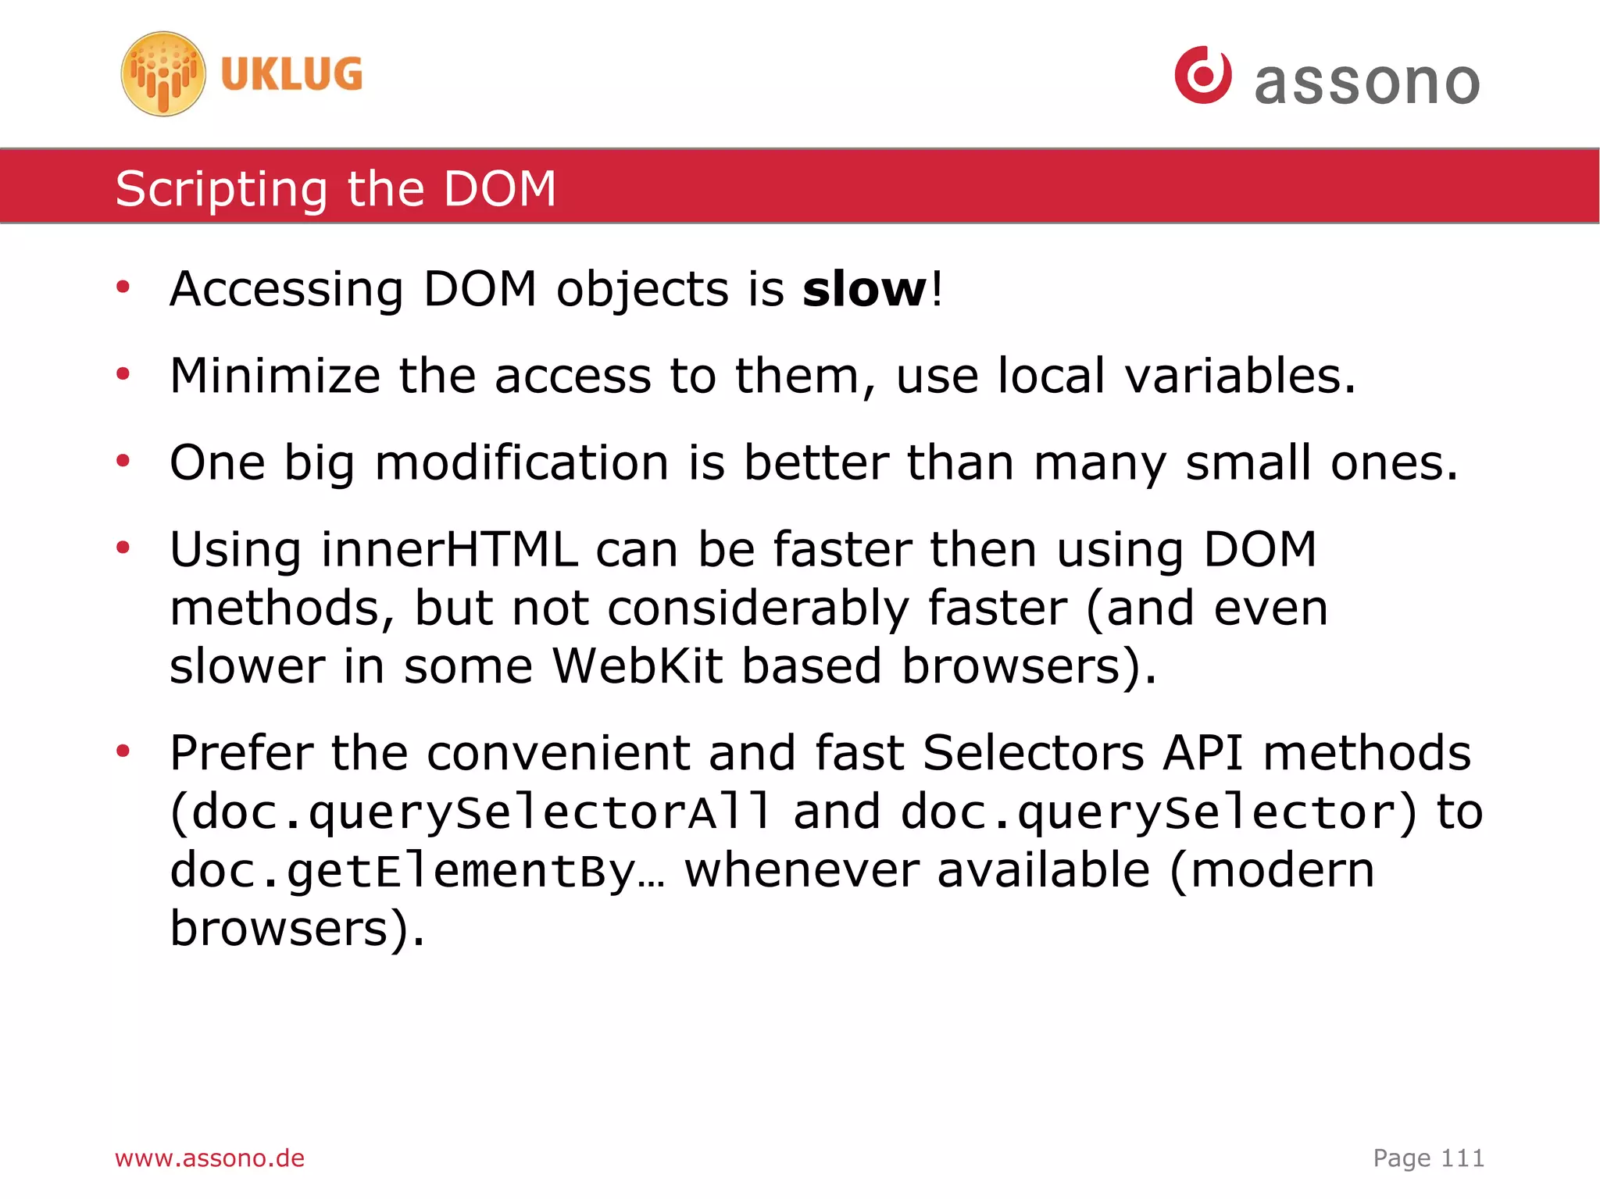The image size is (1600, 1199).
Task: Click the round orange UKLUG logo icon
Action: click(x=163, y=74)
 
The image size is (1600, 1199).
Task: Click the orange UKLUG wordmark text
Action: click(x=291, y=75)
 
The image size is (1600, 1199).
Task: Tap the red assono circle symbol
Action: click(x=1202, y=75)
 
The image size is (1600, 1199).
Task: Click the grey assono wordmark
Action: click(x=1366, y=82)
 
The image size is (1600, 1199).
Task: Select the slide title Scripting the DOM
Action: click(x=335, y=188)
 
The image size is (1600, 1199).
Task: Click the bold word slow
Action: click(x=864, y=289)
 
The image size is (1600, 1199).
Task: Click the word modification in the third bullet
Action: click(x=522, y=462)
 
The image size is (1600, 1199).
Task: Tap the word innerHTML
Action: click(x=449, y=549)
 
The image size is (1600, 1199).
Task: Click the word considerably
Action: click(x=758, y=608)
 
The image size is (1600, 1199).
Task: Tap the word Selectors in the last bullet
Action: click(x=1033, y=753)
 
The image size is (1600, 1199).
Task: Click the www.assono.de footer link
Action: click(x=209, y=1158)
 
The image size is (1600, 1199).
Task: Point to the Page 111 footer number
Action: click(x=1428, y=1158)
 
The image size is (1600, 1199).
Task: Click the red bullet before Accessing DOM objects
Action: click(x=123, y=288)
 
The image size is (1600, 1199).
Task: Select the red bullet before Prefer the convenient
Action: click(x=123, y=751)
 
